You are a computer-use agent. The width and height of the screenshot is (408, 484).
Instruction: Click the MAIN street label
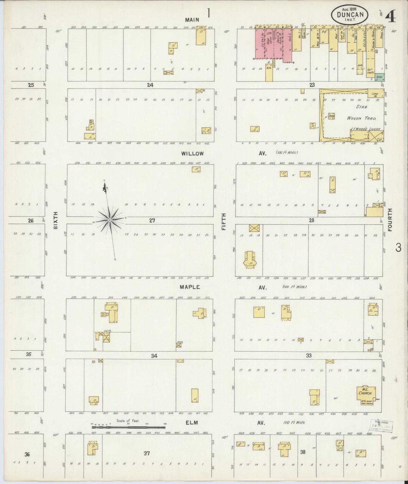(192, 20)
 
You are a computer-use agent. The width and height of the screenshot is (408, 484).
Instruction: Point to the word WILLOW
(193, 154)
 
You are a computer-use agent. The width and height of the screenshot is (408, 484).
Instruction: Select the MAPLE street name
(190, 287)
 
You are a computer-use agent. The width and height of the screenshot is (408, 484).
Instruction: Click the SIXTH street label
(56, 220)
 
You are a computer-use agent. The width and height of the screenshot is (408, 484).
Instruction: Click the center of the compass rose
(110, 220)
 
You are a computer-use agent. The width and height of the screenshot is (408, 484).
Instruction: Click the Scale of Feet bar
(129, 428)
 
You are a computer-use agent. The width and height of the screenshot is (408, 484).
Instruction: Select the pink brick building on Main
(273, 44)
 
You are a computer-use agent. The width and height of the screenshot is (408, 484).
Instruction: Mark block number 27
(152, 221)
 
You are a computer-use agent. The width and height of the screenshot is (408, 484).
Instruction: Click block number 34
(154, 356)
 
